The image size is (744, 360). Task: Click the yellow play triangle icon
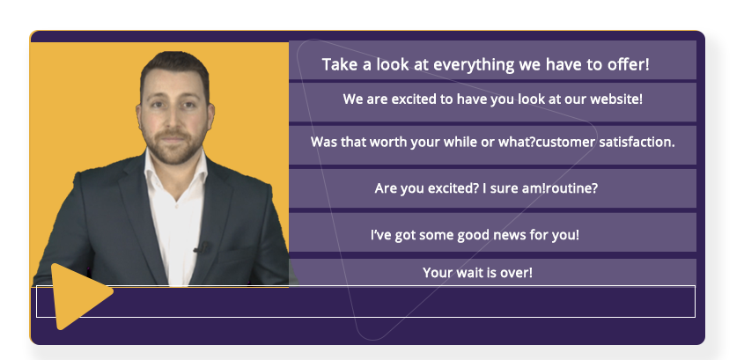(78, 296)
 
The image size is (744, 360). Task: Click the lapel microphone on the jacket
(202, 247)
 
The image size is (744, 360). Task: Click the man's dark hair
(174, 69)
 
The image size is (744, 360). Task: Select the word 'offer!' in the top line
(629, 64)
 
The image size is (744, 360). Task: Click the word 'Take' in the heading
(339, 64)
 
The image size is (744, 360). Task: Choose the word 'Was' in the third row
(321, 142)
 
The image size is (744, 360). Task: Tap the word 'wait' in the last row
(470, 273)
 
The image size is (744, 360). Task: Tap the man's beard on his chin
(173, 153)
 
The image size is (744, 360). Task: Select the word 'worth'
(388, 142)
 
